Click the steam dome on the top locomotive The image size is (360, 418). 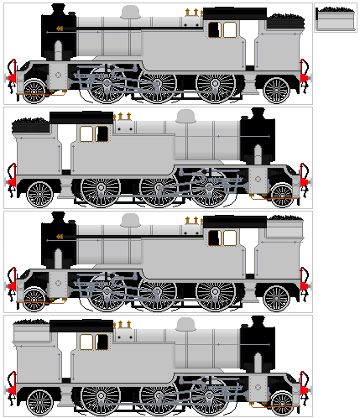click(x=130, y=12)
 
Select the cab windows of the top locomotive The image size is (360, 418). click(x=222, y=30)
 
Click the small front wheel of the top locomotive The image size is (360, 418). click(x=34, y=91)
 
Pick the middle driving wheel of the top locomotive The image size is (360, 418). click(x=158, y=85)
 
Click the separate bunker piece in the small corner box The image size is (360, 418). click(x=336, y=18)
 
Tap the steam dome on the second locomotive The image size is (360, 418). click(x=186, y=116)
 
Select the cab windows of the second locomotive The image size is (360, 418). click(x=94, y=134)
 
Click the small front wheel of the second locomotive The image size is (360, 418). click(x=282, y=195)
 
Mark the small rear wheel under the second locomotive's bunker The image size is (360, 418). click(x=39, y=194)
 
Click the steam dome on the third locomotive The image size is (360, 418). click(x=130, y=220)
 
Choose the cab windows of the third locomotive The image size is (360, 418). click(x=222, y=238)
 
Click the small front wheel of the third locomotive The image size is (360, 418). click(x=34, y=298)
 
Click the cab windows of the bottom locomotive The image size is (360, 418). click(x=94, y=342)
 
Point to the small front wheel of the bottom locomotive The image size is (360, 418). click(x=282, y=402)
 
